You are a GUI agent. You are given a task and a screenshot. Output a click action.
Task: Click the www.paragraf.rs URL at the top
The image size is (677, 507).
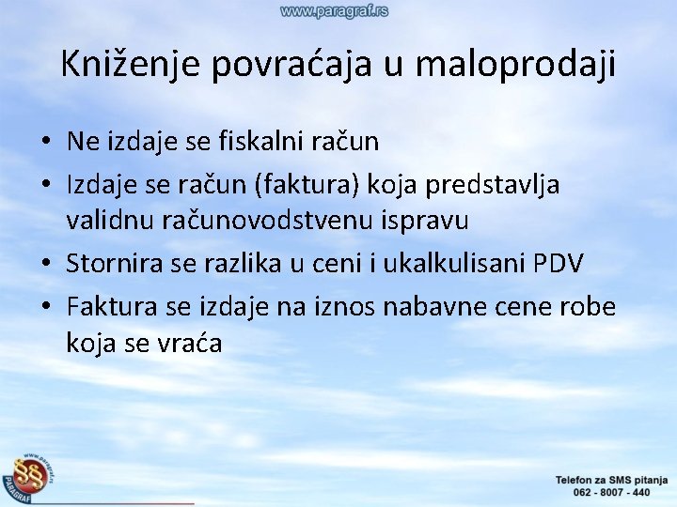click(x=334, y=11)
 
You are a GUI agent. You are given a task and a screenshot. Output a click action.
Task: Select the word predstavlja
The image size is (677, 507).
click(x=493, y=186)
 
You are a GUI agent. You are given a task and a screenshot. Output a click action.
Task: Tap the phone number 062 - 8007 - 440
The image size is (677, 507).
click(x=603, y=491)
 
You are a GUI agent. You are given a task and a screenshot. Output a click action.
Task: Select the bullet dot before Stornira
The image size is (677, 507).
click(x=46, y=266)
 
